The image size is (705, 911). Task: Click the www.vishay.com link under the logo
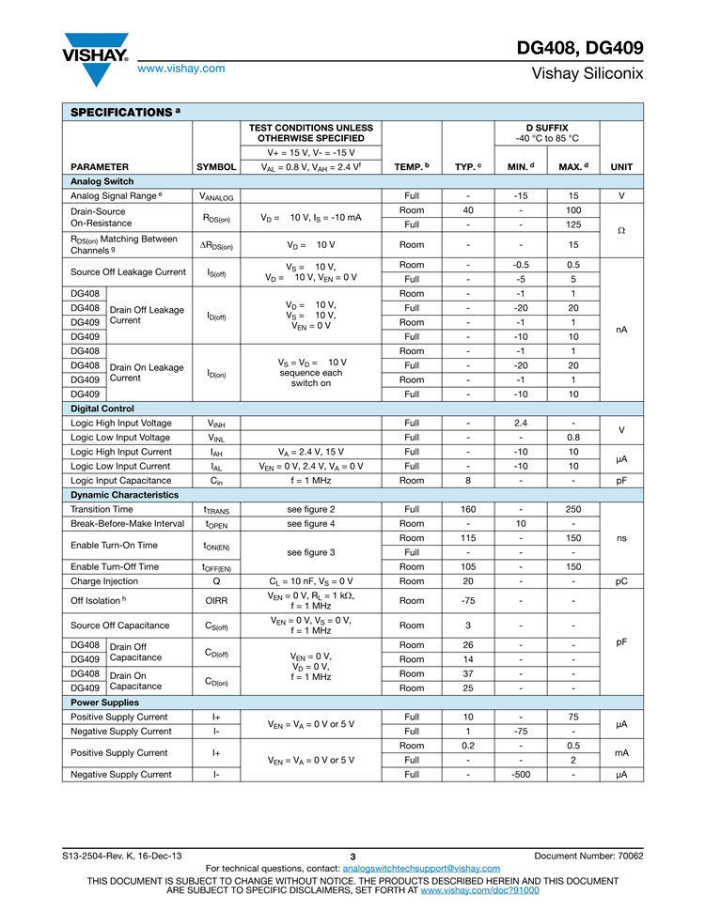pos(180,69)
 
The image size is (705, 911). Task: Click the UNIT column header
pos(621,167)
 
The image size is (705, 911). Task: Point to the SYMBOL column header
pos(216,167)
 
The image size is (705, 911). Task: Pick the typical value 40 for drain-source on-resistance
pos(468,209)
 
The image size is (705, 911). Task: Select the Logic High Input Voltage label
pos(121,423)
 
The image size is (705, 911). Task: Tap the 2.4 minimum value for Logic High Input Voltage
pos(520,423)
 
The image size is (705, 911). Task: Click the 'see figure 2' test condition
pos(311,509)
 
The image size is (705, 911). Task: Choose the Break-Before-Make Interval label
pos(128,523)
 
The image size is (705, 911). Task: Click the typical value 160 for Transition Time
pos(468,509)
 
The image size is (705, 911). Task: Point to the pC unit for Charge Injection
pos(621,581)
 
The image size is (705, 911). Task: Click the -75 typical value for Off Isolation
pos(468,600)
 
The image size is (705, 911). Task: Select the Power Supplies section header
pos(105,703)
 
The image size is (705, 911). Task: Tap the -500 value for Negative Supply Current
pos(520,775)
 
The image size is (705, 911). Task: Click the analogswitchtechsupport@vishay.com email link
pos(421,869)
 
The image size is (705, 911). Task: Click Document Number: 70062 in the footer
pos(588,856)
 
